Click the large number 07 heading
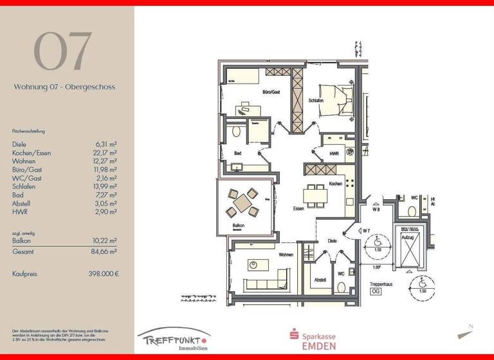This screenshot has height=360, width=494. tap(63, 51)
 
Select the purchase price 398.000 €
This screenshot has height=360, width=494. tap(103, 274)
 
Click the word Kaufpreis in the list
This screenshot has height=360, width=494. tap(25, 274)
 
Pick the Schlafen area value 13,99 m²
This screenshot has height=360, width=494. tap(105, 186)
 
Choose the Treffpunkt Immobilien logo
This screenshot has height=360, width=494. tap(174, 339)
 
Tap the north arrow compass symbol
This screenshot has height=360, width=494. tap(466, 333)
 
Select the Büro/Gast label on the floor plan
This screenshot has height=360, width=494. tap(271, 93)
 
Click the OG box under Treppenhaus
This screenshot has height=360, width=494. tap(376, 291)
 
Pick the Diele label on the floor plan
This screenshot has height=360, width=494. tap(332, 241)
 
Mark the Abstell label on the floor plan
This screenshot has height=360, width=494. tap(320, 280)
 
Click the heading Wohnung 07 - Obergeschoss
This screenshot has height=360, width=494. tap(64, 86)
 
